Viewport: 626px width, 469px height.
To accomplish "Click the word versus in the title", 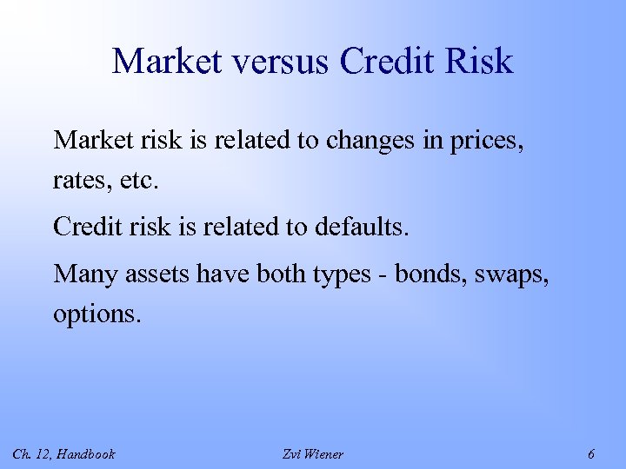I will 280,63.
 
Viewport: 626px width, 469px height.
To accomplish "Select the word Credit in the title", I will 388,63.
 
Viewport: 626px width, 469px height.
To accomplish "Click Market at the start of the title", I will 165,63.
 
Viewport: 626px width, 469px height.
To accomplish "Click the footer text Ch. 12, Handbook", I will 63,453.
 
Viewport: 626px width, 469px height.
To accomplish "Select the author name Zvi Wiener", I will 313,453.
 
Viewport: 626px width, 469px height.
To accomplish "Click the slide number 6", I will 591,453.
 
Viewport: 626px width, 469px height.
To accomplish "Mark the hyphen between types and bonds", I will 383,275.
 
